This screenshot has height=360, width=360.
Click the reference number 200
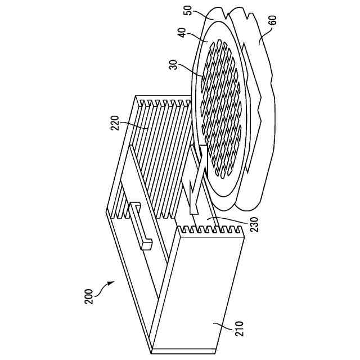tap(89, 297)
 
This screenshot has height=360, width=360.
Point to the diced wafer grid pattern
tap(222, 107)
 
